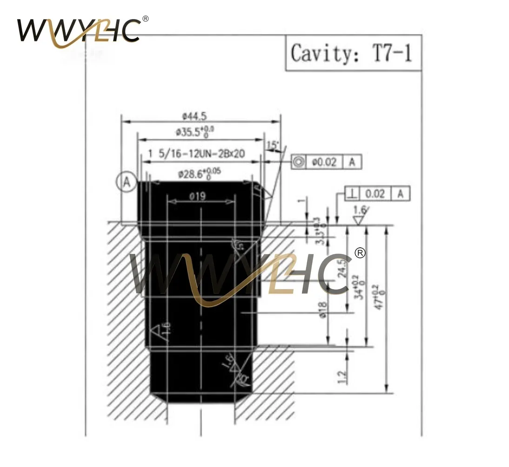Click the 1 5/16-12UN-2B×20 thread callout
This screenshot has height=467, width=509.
[x=197, y=154]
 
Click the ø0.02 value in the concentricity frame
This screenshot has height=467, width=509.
[x=325, y=162]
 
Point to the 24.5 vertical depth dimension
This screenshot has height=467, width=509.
[x=344, y=269]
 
